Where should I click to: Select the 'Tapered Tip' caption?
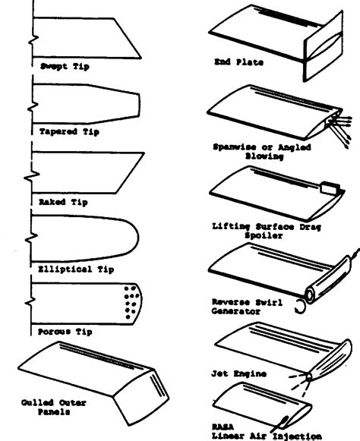coord(70,131)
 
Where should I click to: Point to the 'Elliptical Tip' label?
coord(76,267)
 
